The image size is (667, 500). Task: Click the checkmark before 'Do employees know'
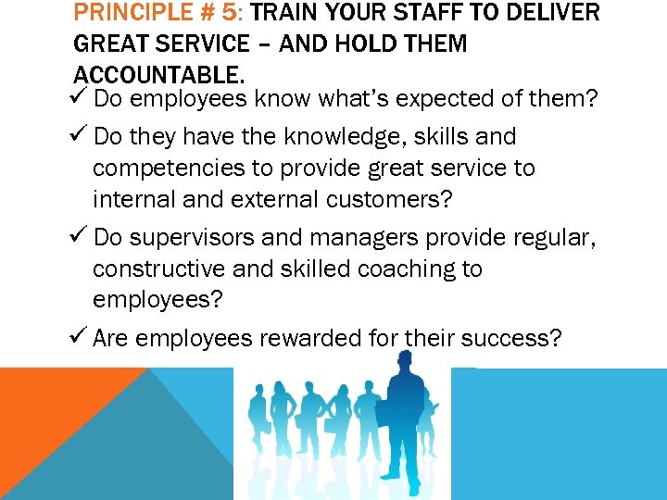(81, 97)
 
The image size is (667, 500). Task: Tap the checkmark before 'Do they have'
(81, 136)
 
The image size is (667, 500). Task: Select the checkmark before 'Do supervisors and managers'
(81, 237)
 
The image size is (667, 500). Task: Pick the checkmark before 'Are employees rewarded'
(81, 338)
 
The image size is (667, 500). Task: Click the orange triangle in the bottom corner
(46, 407)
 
